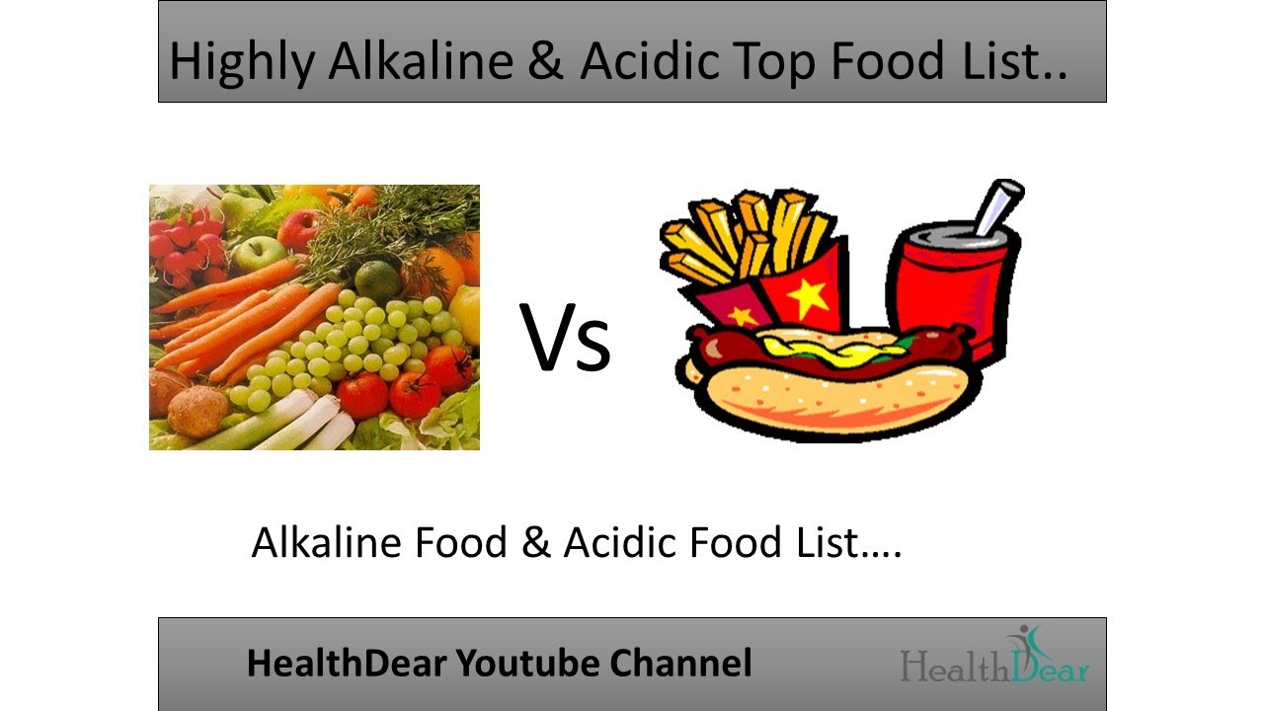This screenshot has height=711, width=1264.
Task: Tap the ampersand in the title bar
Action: (546, 61)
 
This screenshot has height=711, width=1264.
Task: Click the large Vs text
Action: (566, 339)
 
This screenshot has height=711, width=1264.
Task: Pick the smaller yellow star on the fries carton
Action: (740, 314)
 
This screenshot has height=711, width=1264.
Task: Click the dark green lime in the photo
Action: (374, 278)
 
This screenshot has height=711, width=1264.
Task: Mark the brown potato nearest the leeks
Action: (197, 411)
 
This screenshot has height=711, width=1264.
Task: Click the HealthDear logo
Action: (994, 656)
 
